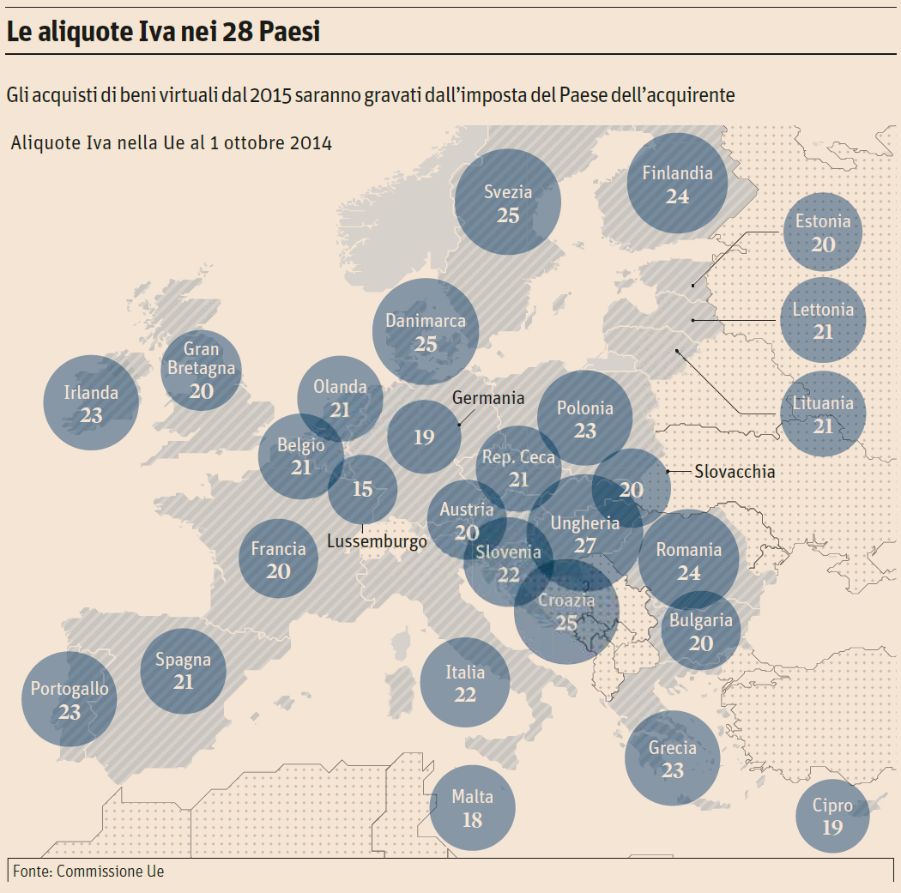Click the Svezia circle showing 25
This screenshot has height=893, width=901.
click(508, 202)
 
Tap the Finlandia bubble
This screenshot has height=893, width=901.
click(677, 184)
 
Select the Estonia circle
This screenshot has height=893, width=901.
click(823, 232)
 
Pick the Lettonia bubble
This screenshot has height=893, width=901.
click(823, 320)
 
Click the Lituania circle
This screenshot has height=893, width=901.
click(823, 413)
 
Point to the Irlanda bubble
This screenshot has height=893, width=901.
click(91, 403)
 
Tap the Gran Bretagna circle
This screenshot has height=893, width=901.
click(202, 371)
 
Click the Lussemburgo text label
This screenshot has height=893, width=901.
click(377, 541)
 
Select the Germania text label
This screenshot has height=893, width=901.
click(488, 398)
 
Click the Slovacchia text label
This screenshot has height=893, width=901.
click(735, 471)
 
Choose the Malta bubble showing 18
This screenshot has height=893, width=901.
click(472, 808)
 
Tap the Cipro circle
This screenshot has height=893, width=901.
click(832, 816)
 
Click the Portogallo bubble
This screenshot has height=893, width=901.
click(70, 699)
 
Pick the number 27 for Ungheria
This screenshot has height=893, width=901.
click(585, 546)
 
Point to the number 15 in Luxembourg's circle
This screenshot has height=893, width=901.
click(363, 489)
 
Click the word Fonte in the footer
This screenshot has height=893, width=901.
click(32, 872)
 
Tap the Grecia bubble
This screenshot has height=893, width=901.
click(673, 758)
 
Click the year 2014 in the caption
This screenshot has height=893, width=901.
click(310, 142)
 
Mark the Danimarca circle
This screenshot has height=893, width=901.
click(426, 331)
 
